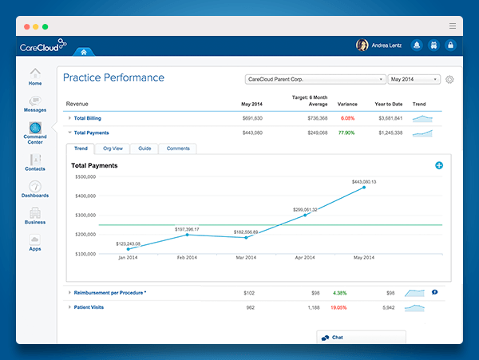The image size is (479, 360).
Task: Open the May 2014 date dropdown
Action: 414,80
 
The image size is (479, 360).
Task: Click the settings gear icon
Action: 449,80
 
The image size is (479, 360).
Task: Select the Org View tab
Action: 113,148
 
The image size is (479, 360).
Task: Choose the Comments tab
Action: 177,148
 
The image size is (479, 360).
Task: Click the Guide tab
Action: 144,148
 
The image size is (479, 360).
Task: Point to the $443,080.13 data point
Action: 365,188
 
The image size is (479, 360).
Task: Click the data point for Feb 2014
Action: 187,235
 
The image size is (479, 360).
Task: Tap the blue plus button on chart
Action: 439,165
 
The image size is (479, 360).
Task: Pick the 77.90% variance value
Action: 346,133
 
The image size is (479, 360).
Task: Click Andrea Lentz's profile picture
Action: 362,45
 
